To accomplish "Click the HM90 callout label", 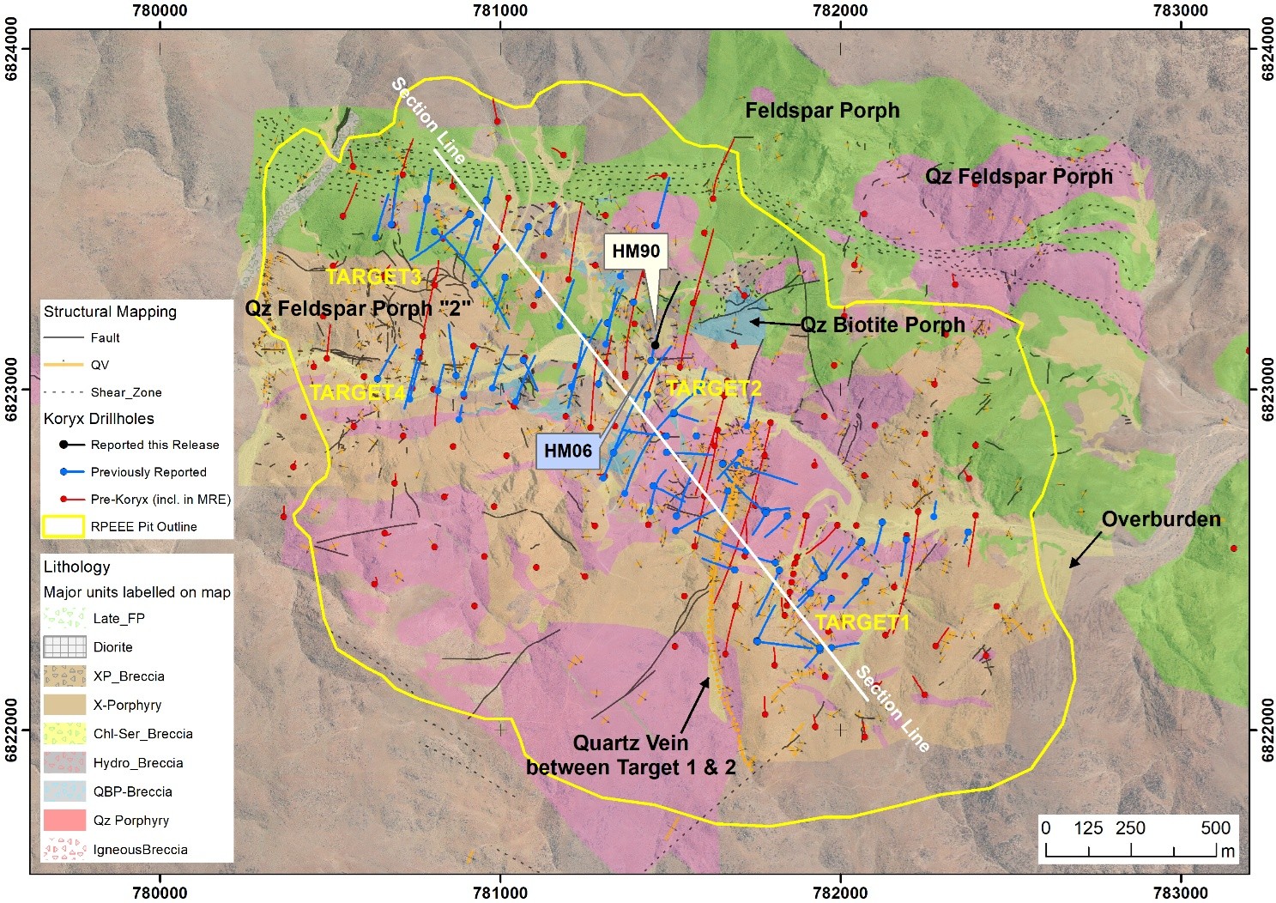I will [x=636, y=252].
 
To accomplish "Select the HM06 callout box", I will [x=567, y=451].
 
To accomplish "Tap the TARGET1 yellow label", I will [x=861, y=622].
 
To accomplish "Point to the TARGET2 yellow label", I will [x=713, y=389].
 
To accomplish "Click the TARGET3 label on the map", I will [x=374, y=277].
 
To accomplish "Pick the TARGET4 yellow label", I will [x=357, y=393].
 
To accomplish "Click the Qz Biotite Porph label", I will [x=882, y=325].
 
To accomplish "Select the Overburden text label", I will [x=1160, y=519].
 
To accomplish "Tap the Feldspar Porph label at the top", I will [x=822, y=111].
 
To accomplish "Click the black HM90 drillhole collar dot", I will [x=655, y=345].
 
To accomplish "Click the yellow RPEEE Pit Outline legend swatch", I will [x=64, y=526].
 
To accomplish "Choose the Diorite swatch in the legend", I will [x=64, y=647].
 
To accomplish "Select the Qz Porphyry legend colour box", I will [x=64, y=821].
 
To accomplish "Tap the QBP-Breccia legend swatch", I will [x=64, y=791].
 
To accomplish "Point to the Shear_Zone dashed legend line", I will [x=64, y=392].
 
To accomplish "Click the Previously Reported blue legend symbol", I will [x=64, y=472].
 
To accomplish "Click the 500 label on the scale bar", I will [x=1215, y=828].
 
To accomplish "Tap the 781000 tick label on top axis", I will [x=500, y=10].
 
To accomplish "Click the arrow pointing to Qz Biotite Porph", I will [x=771, y=323].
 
